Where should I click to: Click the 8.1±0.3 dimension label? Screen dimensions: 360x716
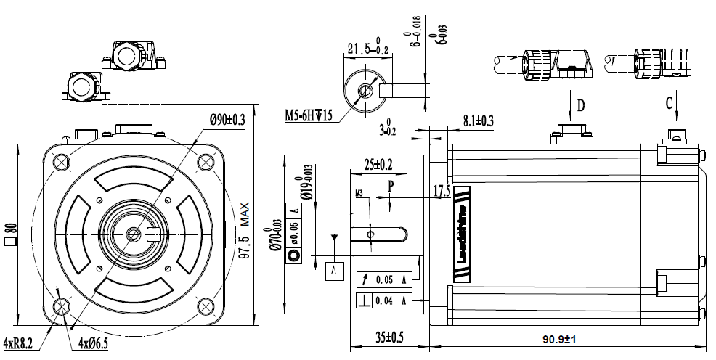pos(478,121)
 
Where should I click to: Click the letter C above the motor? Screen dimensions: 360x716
pos(670,103)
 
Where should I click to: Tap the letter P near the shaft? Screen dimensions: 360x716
pos(391,186)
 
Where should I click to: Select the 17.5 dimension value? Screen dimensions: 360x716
pos(442,192)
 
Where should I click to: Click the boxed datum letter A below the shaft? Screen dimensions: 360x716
pos(333,270)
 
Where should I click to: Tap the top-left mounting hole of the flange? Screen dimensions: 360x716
pos(60,162)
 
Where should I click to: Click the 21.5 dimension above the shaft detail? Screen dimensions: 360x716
pos(368,49)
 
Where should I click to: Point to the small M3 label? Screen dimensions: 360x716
pos(359,194)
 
